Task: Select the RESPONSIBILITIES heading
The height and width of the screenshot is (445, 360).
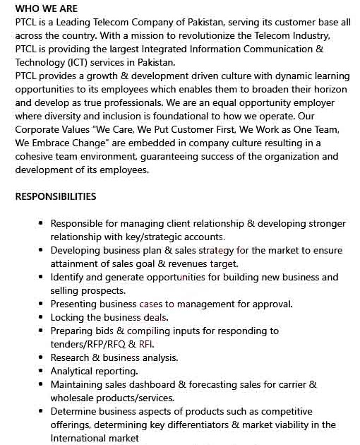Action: coord(56,196)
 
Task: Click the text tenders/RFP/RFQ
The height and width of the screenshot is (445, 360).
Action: coord(87,344)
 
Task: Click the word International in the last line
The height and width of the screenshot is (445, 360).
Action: coord(83,438)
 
